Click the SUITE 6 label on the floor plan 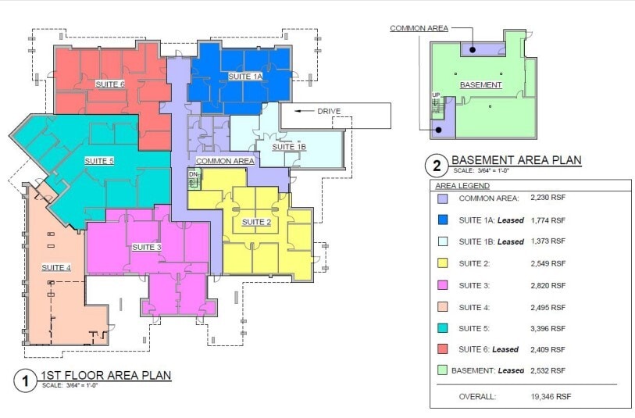[110, 84]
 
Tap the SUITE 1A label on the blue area [245, 77]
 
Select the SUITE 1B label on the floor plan [289, 147]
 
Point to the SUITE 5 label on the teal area [99, 160]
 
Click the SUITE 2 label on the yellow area [256, 222]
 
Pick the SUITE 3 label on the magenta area [147, 247]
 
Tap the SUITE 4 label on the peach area [56, 267]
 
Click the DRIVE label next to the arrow [328, 111]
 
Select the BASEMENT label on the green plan [480, 85]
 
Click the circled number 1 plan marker [26, 380]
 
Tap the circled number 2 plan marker [436, 166]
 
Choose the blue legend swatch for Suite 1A [443, 220]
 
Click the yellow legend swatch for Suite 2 [443, 263]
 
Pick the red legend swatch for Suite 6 [443, 348]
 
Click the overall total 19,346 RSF [551, 397]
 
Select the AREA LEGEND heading [462, 186]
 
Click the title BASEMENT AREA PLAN [516, 161]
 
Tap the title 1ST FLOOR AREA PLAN [105, 376]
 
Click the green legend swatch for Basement [443, 370]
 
